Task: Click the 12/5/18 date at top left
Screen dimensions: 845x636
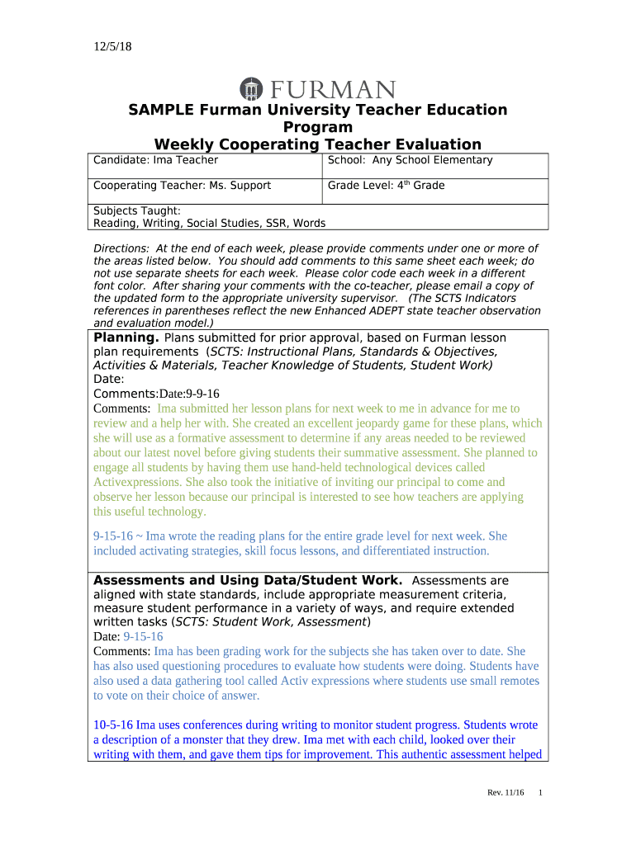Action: click(112, 47)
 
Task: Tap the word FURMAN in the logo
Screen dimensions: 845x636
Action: click(330, 89)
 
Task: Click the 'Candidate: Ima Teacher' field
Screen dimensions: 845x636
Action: click(156, 160)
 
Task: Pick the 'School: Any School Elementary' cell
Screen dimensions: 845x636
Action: click(410, 160)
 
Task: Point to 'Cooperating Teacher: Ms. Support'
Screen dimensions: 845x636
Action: click(182, 186)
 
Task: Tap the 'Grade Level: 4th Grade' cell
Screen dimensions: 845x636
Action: click(386, 186)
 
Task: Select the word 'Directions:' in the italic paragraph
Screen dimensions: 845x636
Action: click(121, 248)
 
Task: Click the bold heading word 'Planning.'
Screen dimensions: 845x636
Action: click(126, 338)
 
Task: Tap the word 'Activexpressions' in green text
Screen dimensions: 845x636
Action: click(137, 482)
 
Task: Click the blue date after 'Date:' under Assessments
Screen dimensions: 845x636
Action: click(143, 637)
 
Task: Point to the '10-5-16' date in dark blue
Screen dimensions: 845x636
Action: click(113, 725)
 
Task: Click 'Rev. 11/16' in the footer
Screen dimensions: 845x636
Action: click(505, 793)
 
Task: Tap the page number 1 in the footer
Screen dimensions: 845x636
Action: click(540, 793)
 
